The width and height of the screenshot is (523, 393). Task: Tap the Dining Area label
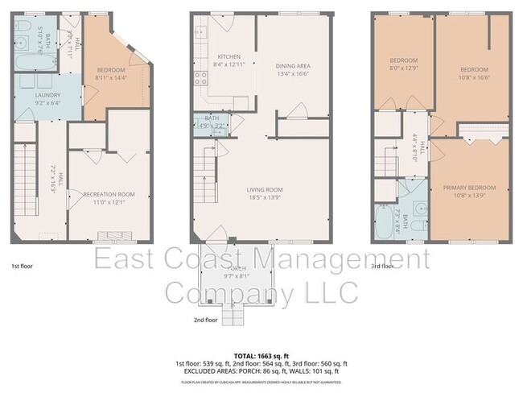293,66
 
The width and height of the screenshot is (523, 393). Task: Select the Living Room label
265,190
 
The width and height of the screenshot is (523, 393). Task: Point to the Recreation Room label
109,195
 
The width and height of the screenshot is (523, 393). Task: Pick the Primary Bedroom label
469,188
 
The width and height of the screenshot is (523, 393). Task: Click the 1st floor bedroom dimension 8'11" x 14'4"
112,78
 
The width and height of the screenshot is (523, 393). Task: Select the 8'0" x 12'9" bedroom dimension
404,68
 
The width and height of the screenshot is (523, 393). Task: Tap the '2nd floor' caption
205,320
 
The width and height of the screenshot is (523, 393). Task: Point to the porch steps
233,315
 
